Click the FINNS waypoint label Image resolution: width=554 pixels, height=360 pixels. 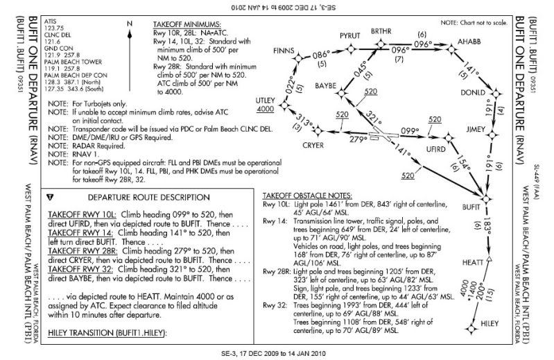point(284,51)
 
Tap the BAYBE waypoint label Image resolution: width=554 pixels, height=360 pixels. point(325,85)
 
